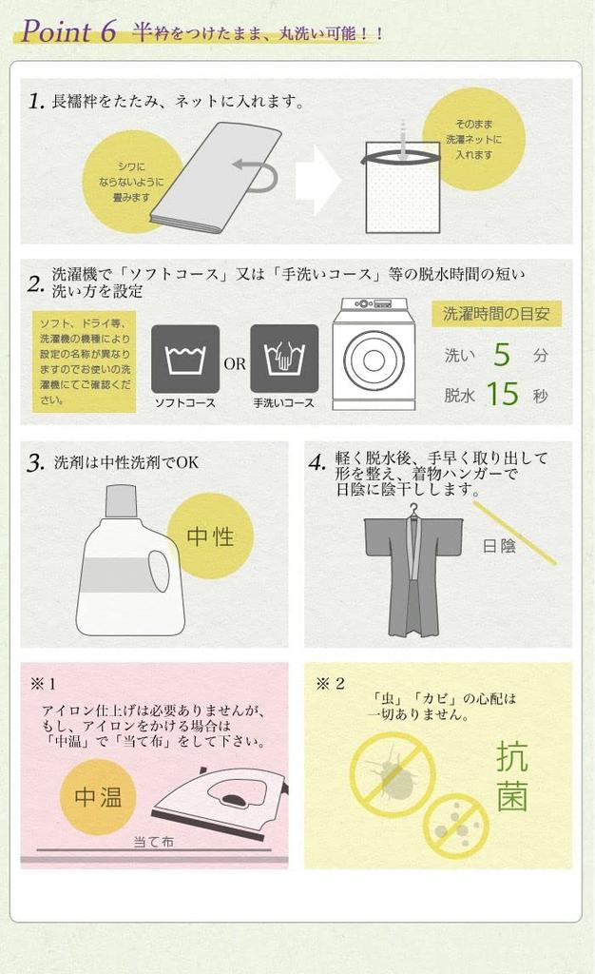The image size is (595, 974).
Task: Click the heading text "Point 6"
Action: click(x=68, y=31)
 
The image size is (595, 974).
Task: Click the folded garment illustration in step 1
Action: click(x=214, y=178)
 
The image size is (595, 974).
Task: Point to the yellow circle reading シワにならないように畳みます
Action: click(x=133, y=182)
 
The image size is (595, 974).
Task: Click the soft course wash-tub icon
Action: click(x=185, y=359)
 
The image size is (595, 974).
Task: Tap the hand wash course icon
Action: click(x=284, y=359)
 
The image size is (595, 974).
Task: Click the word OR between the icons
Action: click(x=235, y=363)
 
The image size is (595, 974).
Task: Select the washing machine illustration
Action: click(x=373, y=354)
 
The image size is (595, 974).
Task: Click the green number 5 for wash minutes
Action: click(x=502, y=355)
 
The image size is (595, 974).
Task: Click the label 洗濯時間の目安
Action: click(x=495, y=314)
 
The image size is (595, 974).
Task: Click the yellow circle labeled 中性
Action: click(x=210, y=536)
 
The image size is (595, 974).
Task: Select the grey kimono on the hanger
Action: click(x=413, y=575)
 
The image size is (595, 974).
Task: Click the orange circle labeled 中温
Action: click(x=98, y=797)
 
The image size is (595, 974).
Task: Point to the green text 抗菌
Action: click(x=511, y=777)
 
